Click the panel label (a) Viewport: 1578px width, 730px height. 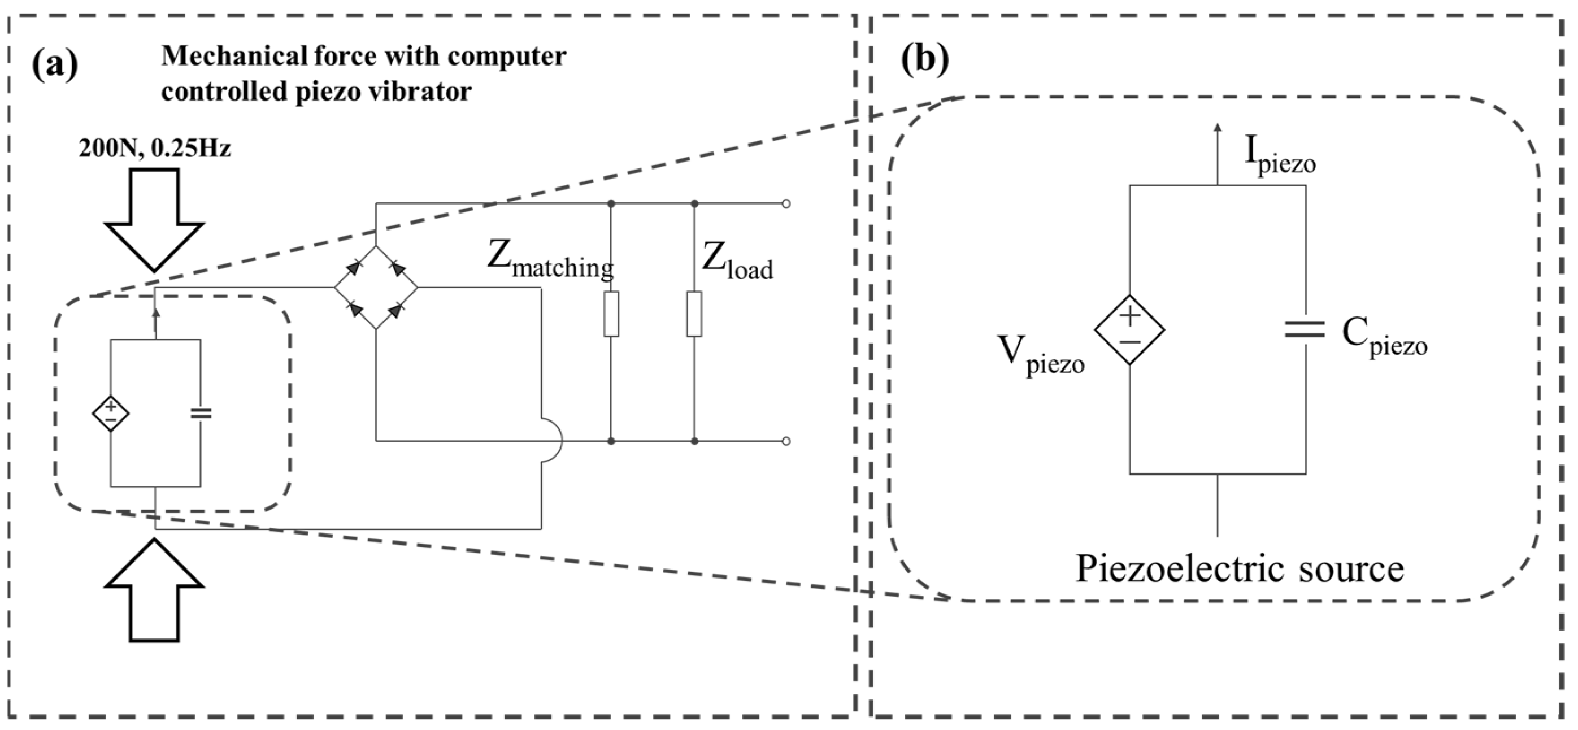[55, 63]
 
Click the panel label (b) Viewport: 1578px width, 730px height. [925, 60]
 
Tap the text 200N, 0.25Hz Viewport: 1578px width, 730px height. [154, 148]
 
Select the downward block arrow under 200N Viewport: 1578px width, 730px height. [154, 220]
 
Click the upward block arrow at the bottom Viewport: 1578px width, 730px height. [154, 590]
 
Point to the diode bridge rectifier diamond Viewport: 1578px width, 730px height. [376, 287]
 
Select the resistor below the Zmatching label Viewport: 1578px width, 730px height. [611, 314]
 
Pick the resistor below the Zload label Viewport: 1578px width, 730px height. [694, 314]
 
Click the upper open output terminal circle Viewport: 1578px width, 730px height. [786, 203]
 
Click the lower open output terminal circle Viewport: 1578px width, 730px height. [786, 441]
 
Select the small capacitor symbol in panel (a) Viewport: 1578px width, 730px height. [201, 414]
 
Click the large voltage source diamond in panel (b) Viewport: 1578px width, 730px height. [1129, 330]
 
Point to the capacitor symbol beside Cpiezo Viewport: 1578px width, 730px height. [1306, 330]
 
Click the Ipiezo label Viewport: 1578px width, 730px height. [1280, 156]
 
